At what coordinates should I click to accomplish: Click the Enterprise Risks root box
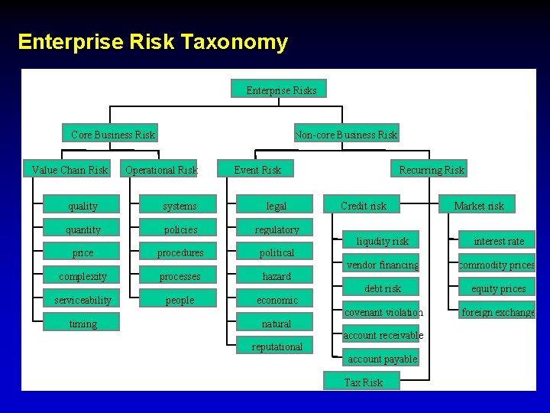point(280,89)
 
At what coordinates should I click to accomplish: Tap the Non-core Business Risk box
point(346,134)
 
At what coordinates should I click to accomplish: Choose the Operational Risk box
point(160,169)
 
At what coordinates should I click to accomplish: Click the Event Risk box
point(257,169)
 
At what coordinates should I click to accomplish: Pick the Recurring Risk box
point(431,169)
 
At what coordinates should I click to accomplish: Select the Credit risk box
point(364,205)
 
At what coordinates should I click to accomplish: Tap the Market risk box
point(479,205)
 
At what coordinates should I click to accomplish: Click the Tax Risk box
point(363,382)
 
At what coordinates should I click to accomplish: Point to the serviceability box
point(82,300)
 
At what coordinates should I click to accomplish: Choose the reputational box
point(277,346)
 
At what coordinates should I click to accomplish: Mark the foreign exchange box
point(497,312)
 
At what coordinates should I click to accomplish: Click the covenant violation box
point(382,312)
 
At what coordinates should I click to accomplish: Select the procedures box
point(180,252)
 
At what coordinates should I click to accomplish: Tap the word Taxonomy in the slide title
point(235,41)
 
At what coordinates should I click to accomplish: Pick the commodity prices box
point(497,265)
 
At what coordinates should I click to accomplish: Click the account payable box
point(382,358)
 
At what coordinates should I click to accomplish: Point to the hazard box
point(277,276)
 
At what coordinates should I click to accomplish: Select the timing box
point(82,324)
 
